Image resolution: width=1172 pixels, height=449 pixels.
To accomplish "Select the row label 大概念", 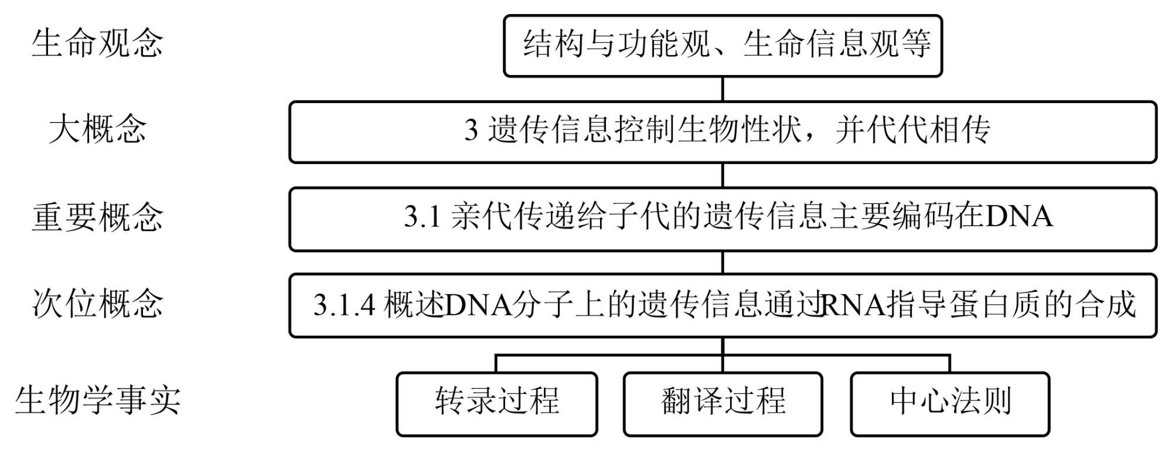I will point(97,130).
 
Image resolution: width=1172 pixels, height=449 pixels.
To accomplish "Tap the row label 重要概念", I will point(97,217).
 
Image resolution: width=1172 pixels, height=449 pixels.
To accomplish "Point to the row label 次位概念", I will point(97,304).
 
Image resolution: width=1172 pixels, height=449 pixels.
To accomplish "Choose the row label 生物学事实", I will point(97,401).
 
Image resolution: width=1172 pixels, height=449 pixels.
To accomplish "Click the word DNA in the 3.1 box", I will point(1019,217).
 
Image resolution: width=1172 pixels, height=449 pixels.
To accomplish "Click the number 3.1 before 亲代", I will point(422,217).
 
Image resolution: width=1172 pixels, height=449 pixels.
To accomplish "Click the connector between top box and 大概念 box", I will point(723,89).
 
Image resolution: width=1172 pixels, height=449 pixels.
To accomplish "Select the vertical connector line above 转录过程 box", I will point(496,363).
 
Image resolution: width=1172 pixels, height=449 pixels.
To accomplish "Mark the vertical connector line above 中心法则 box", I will point(950,363).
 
